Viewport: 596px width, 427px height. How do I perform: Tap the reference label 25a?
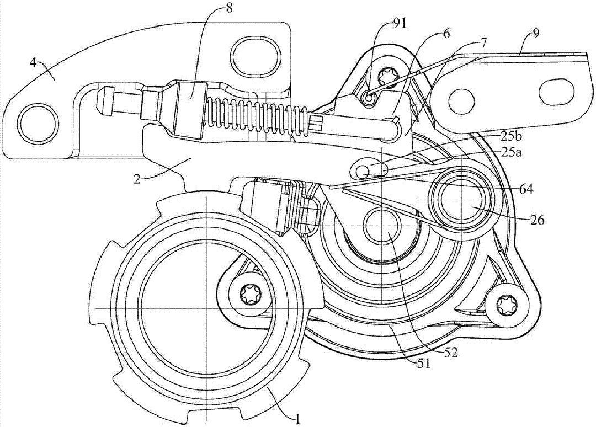(509, 153)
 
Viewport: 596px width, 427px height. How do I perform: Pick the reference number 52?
(449, 353)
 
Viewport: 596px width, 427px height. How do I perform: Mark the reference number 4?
(33, 63)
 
